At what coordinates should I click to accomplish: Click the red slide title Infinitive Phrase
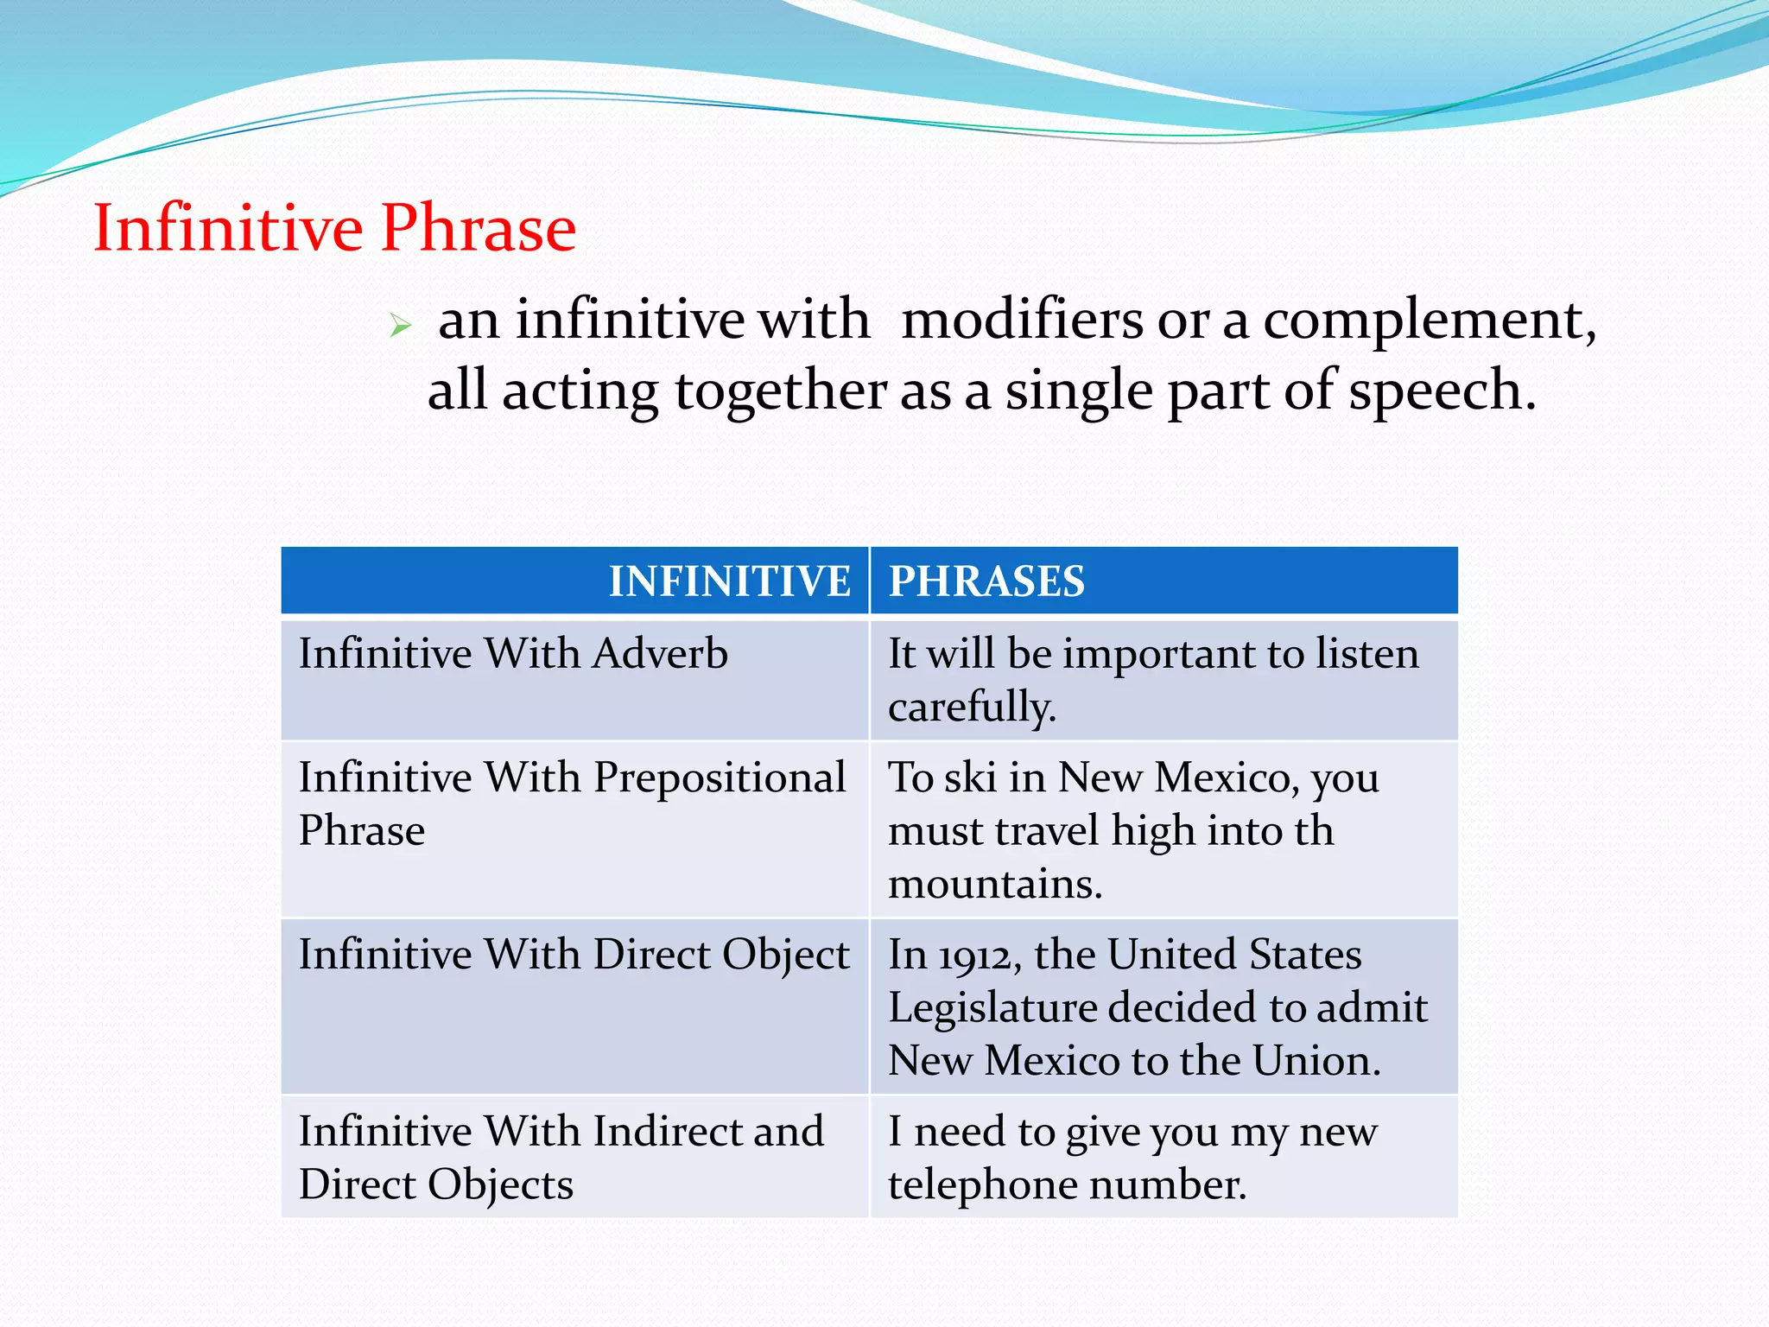coord(334,227)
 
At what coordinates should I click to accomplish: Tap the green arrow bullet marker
coord(400,326)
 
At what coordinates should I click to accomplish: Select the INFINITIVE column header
coord(730,581)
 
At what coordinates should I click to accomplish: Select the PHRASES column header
coord(986,581)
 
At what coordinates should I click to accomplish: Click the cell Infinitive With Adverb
coord(513,653)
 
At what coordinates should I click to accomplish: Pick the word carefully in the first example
coord(971,708)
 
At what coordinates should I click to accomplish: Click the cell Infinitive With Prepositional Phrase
coord(572,803)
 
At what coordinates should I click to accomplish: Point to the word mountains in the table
coord(994,884)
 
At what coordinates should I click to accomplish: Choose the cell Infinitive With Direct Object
coord(574,955)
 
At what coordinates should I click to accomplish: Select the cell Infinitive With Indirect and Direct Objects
coord(561,1157)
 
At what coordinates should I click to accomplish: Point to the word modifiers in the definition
coord(1022,320)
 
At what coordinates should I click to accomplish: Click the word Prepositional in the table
coord(720,778)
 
